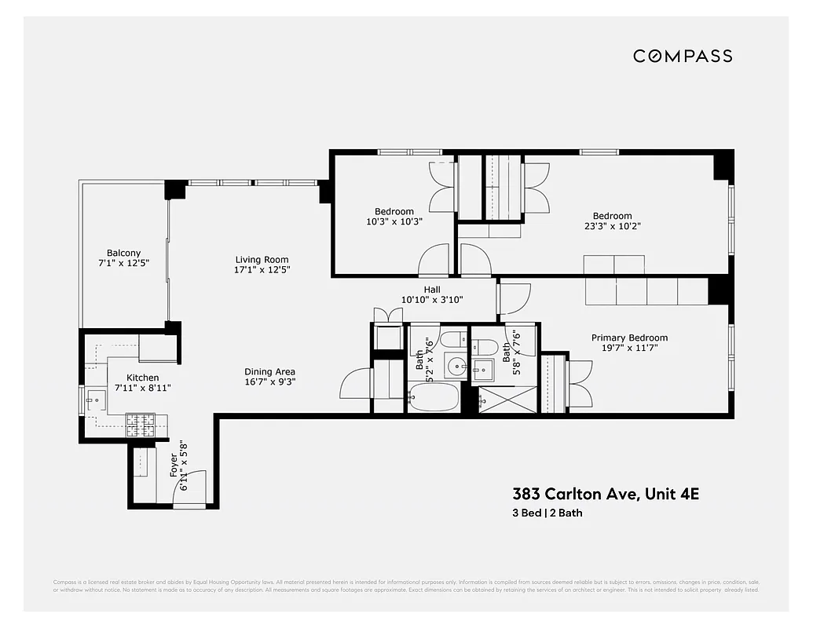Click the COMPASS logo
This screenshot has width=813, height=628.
(683, 56)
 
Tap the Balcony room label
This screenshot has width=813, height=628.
(124, 253)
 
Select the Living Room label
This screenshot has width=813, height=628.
(262, 260)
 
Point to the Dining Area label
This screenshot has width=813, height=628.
(269, 372)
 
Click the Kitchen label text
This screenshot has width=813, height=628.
(142, 378)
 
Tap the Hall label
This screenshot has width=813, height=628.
(431, 290)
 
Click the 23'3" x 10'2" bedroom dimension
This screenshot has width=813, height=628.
(612, 226)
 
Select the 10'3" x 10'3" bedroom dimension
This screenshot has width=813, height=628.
(394, 221)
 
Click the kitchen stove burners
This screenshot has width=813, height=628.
(141, 425)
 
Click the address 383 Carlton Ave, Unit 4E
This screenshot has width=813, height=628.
(606, 494)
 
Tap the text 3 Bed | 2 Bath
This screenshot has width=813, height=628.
(547, 513)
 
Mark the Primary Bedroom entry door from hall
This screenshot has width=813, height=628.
(515, 298)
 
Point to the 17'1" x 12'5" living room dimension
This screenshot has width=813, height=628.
(262, 270)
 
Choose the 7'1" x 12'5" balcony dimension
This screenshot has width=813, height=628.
(124, 263)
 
